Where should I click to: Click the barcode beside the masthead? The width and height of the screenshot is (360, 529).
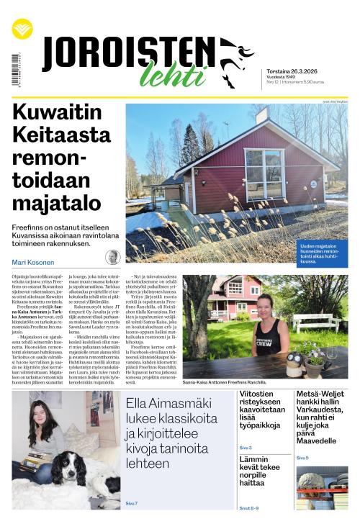pos(15,70)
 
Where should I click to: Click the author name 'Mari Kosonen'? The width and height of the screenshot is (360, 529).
pos(35,261)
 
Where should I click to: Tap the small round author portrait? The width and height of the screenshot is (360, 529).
pos(112,258)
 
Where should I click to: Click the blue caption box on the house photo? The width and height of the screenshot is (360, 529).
pos(322,256)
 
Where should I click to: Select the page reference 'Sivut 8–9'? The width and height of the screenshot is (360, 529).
pos(249,508)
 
